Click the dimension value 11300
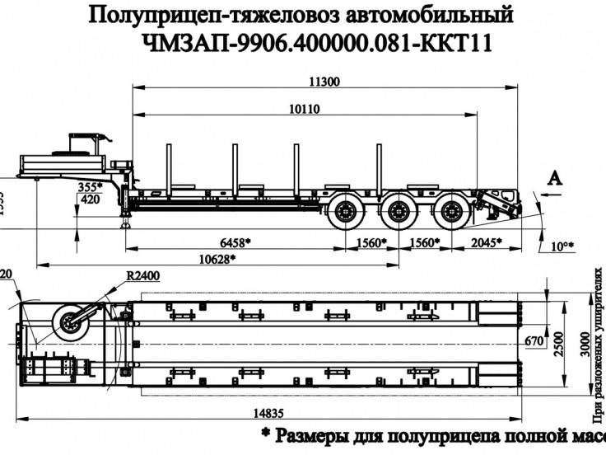(324, 81)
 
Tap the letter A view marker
(557, 176)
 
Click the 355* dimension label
(90, 187)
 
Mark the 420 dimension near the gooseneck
(92, 199)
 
